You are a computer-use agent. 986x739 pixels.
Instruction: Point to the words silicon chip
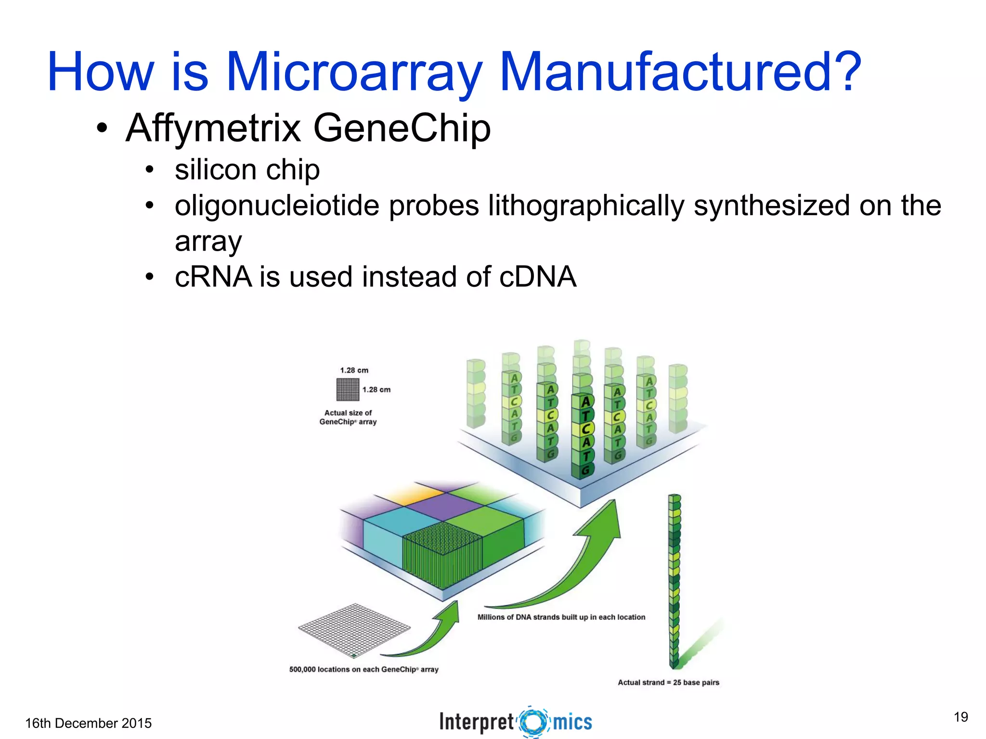click(247, 170)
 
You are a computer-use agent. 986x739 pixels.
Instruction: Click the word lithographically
click(586, 206)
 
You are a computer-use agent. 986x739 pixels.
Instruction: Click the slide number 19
click(960, 717)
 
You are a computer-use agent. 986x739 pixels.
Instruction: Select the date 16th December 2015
click(88, 723)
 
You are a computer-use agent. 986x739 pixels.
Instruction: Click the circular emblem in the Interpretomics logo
click(533, 722)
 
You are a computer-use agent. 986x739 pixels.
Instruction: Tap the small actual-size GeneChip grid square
click(348, 389)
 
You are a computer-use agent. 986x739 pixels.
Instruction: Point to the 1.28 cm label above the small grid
click(354, 370)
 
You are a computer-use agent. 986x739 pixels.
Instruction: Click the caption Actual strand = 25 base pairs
click(668, 682)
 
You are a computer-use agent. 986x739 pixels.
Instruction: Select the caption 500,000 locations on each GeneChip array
click(363, 669)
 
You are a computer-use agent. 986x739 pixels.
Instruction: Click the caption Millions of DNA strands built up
click(561, 617)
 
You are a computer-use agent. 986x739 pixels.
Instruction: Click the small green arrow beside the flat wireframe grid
click(433, 630)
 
